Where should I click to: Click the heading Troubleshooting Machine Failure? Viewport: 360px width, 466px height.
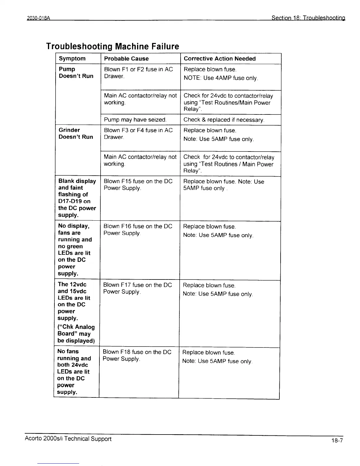(x=112, y=46)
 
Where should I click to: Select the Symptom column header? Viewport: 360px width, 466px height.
(x=72, y=59)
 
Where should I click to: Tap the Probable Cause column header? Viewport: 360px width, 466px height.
(x=126, y=59)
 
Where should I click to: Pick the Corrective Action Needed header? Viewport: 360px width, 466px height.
(x=219, y=59)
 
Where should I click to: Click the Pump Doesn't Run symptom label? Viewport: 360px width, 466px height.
(x=76, y=72)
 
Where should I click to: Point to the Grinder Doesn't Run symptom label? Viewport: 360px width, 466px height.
(x=76, y=133)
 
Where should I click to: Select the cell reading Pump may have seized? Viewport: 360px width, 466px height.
(x=135, y=120)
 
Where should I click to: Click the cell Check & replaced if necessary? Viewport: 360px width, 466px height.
(x=224, y=120)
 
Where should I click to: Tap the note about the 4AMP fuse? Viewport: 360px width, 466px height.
(x=221, y=78)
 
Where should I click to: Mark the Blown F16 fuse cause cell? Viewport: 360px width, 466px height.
(x=138, y=229)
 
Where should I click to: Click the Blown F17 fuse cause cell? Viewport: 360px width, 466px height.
(x=137, y=288)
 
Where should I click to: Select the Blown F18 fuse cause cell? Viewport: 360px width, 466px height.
(x=137, y=355)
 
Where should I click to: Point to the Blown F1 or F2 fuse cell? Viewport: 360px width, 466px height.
(x=138, y=72)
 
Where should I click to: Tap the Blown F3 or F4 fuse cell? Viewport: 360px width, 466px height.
(x=138, y=133)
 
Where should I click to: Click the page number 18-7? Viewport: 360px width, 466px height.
(x=336, y=440)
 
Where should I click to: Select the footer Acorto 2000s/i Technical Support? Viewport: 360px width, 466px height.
(x=68, y=439)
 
